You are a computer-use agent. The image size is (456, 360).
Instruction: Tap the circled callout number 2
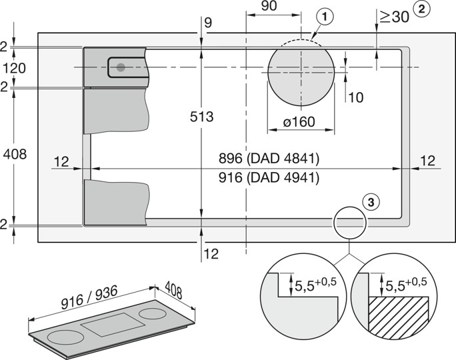421,9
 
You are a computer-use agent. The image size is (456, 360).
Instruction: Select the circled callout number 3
371,200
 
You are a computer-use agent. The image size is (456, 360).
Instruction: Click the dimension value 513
201,117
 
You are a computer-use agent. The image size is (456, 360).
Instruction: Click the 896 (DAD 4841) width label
269,159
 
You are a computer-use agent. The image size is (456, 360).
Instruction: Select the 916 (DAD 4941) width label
269,178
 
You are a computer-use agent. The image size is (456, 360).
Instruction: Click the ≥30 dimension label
393,17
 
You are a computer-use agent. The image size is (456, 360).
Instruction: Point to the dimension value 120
13,67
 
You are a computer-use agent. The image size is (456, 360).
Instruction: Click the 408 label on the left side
15,155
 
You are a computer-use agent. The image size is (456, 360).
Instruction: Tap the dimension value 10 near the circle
355,97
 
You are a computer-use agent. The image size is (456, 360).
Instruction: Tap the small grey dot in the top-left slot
121,67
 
